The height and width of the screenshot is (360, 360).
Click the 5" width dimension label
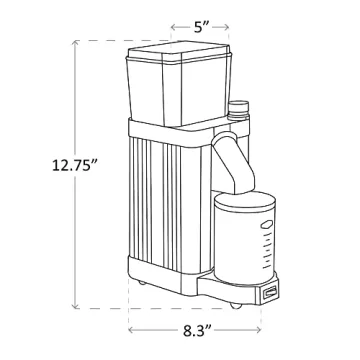203,28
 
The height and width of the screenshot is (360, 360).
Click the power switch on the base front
270,292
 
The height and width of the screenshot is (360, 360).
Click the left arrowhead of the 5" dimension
171,28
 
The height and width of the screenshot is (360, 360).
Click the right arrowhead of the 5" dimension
236,28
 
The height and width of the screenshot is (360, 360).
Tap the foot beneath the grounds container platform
234,302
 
